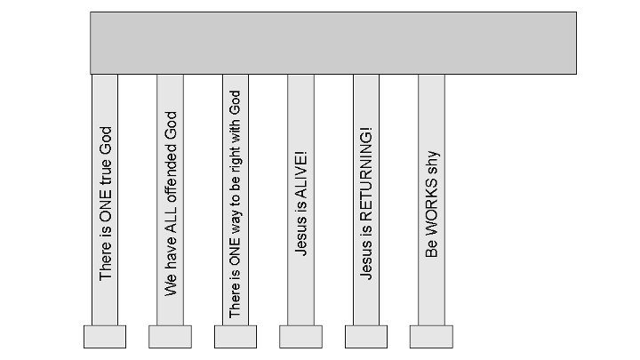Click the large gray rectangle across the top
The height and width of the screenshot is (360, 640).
click(332, 42)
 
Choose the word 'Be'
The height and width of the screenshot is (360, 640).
click(433, 249)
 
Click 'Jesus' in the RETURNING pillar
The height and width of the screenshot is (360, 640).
click(367, 262)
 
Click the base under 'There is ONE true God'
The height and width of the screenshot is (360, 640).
click(105, 336)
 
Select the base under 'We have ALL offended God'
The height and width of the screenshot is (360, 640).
click(170, 336)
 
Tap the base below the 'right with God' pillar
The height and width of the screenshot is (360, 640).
click(236, 336)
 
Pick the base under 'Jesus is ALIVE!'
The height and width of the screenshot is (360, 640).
click(300, 336)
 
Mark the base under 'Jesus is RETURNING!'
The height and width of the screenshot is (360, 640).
click(366, 336)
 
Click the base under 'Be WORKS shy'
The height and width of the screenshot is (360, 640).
click(431, 336)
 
